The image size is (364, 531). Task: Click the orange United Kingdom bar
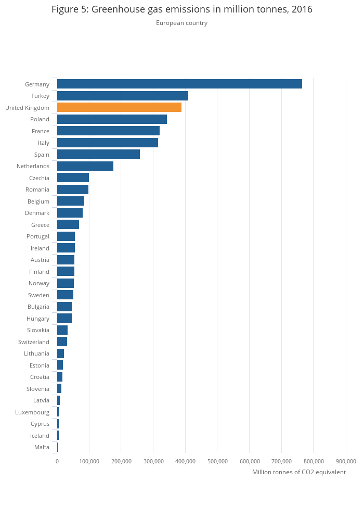tap(119, 107)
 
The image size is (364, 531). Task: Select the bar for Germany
tap(179, 84)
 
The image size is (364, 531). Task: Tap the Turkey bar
tap(122, 96)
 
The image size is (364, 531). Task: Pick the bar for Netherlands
tap(85, 166)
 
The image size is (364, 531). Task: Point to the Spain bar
tap(98, 154)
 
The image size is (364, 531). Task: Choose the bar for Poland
tap(112, 119)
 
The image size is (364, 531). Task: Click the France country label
tap(40, 131)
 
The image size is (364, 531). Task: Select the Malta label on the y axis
tap(42, 447)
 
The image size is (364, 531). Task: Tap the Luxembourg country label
tap(32, 412)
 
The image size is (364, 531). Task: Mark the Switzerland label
tap(34, 342)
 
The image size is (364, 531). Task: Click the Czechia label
tap(39, 178)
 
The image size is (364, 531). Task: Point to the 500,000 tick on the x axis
tap(217, 461)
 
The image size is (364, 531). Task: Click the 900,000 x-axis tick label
tap(346, 461)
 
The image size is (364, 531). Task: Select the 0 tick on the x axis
tap(57, 461)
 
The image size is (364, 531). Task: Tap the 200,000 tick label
tap(121, 461)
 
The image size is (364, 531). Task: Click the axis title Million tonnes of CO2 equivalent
tap(298, 472)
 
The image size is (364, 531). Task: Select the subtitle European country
tap(181, 23)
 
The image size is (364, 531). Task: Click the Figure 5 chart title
tap(181, 9)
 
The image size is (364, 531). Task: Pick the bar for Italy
tap(107, 143)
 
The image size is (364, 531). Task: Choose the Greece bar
tap(68, 224)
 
